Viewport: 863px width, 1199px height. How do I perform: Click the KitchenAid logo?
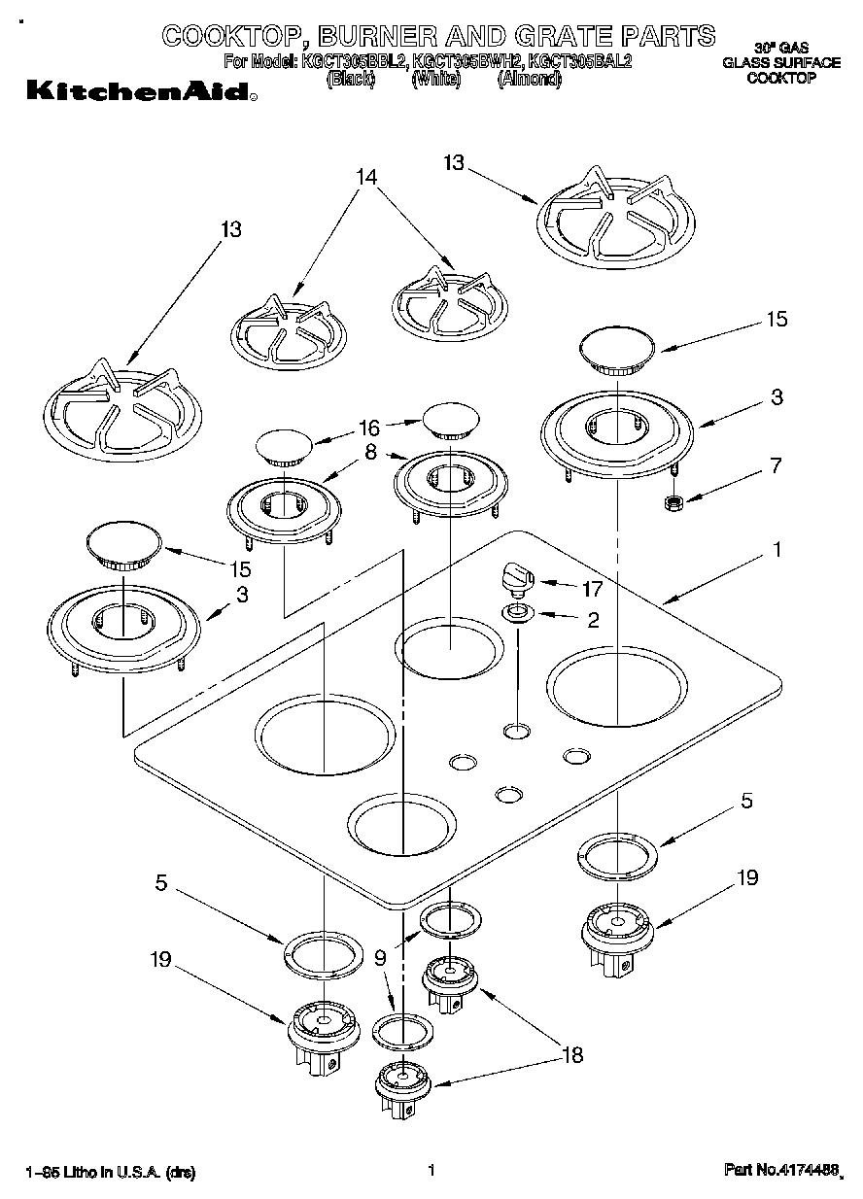(x=142, y=92)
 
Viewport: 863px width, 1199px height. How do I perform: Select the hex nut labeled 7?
(x=671, y=502)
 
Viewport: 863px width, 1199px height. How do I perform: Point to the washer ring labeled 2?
(x=516, y=613)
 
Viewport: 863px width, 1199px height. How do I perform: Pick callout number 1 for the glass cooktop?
(x=777, y=550)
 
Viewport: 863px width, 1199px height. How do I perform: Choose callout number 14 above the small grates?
(x=365, y=177)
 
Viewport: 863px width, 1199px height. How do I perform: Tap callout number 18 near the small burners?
(x=573, y=1054)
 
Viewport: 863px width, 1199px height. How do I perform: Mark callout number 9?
(x=380, y=956)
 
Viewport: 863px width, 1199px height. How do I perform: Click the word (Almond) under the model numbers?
(x=530, y=80)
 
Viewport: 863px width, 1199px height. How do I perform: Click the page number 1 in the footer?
(x=429, y=1172)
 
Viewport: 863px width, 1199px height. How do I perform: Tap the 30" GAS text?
(x=780, y=47)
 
